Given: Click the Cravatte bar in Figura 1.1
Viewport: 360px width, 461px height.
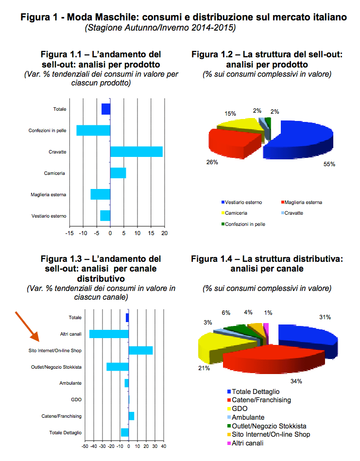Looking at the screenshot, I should point(137,152).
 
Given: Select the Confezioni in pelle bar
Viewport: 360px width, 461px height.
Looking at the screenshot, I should point(93,130).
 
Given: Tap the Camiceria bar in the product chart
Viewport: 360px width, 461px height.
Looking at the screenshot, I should point(118,173).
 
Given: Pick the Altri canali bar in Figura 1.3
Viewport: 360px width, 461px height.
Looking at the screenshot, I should point(109,334).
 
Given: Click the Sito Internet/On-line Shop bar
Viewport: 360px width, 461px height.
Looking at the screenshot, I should point(140,350).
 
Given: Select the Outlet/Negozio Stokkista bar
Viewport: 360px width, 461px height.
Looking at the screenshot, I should point(118,367).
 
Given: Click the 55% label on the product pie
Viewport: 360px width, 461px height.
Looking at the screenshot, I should point(329,164).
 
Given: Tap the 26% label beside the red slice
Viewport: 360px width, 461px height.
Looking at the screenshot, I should point(212,162).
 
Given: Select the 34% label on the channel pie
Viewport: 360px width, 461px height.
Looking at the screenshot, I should point(296,381).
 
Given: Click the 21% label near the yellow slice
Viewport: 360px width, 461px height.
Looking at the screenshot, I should point(204,369).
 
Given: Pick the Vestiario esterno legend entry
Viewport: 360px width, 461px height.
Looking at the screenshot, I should point(243,202).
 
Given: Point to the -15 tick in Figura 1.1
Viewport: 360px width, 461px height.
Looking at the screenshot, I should point(70,234).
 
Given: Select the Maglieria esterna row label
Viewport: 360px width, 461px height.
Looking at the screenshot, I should point(49,195).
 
